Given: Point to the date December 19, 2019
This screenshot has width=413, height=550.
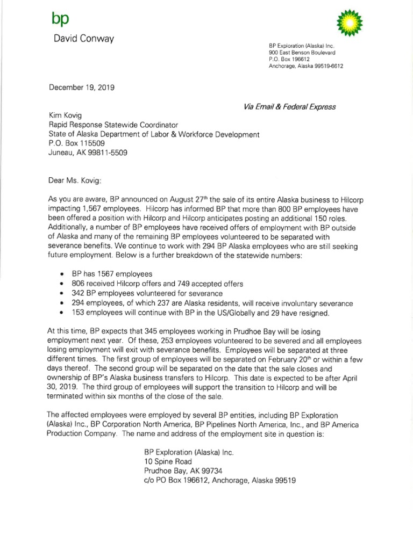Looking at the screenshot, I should tap(81, 86).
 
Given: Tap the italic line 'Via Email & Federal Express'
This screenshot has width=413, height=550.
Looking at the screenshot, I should tap(290, 106).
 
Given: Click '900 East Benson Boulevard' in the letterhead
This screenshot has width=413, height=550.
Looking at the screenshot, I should tap(302, 53).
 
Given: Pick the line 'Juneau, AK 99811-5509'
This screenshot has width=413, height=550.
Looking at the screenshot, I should tap(88, 152).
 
